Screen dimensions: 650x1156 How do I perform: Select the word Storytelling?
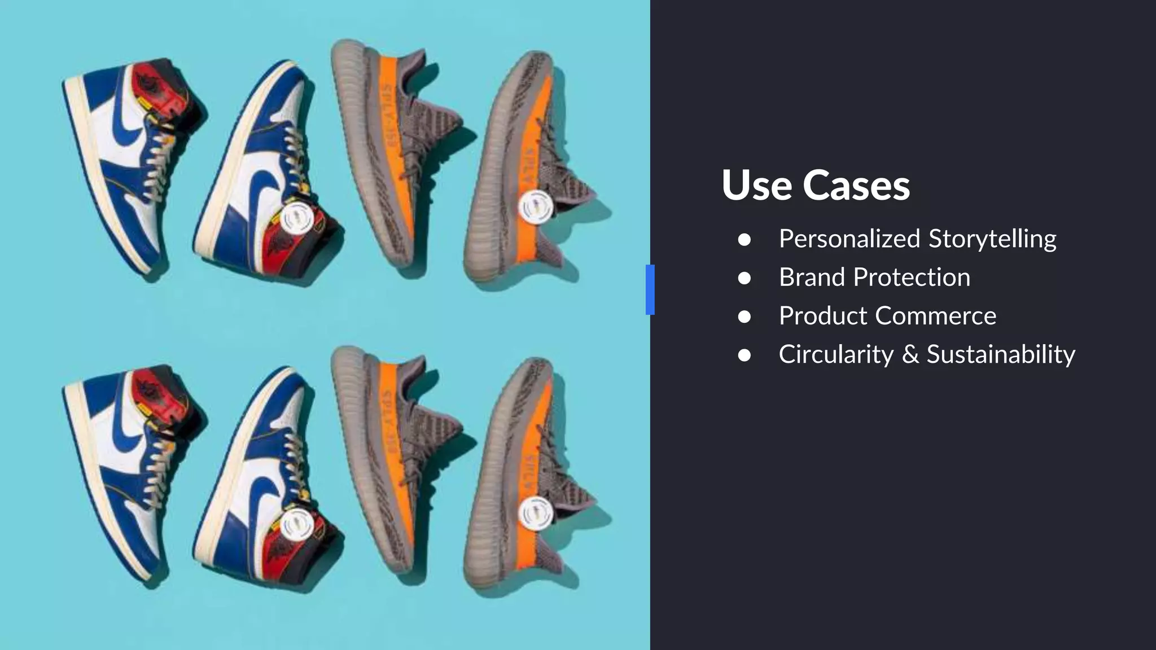pyautogui.click(x=992, y=239)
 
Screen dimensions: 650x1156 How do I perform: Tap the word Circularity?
pyautogui.click(x=836, y=354)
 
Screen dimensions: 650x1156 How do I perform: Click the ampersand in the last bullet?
pyautogui.click(x=910, y=354)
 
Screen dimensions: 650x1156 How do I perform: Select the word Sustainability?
pyautogui.click(x=1001, y=354)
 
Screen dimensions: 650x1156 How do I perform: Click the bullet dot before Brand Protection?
pyautogui.click(x=744, y=278)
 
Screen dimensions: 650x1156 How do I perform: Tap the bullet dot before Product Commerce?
pyautogui.click(x=744, y=317)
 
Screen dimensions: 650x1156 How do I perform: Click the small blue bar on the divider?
pyautogui.click(x=650, y=289)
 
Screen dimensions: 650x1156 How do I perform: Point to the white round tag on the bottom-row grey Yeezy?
pyautogui.click(x=535, y=513)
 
